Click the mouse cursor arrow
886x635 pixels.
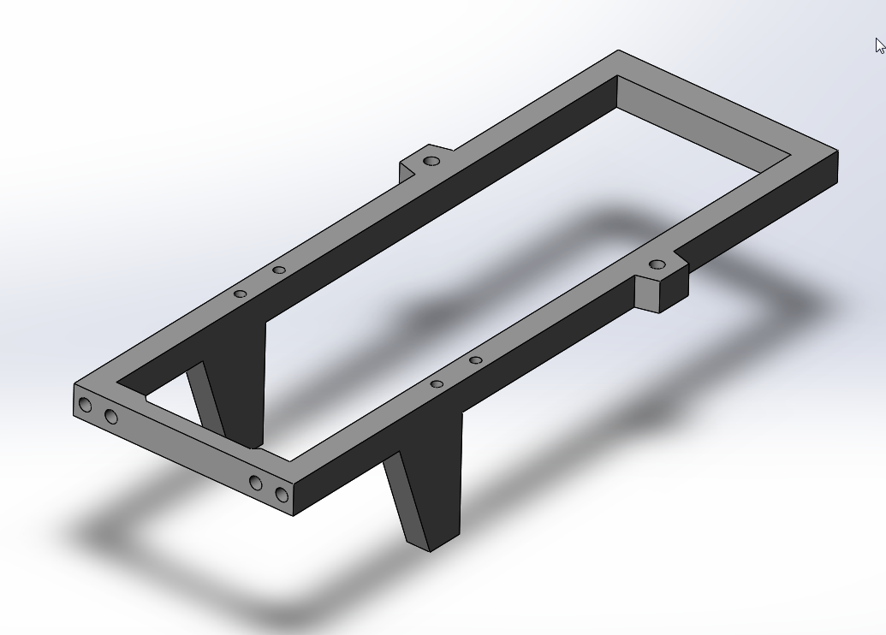(x=880, y=46)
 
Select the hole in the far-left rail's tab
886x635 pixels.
(x=432, y=161)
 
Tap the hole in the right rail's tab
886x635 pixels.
(x=657, y=264)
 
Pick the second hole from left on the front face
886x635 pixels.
(x=110, y=417)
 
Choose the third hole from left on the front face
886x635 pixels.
(x=256, y=483)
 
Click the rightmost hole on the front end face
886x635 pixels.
(x=281, y=494)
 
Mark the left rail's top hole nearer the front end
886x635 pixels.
(x=241, y=294)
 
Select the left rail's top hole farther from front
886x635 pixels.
(x=279, y=270)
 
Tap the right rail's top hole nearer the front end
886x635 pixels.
(x=437, y=384)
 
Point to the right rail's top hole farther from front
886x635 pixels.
(x=476, y=360)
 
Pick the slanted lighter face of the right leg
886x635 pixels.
(x=406, y=496)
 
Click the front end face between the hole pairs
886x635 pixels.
(x=183, y=449)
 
